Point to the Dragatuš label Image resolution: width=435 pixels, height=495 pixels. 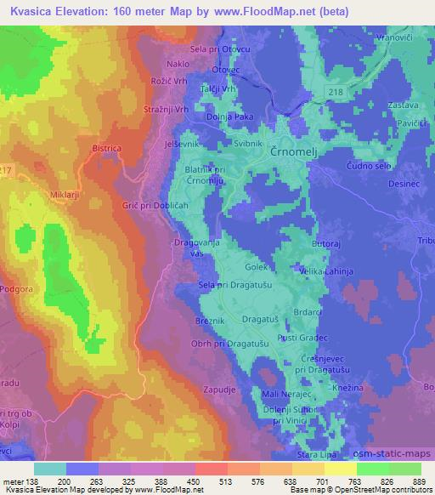260,319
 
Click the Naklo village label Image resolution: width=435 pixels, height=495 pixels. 178,64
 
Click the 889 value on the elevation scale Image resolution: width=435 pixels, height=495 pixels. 421,481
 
